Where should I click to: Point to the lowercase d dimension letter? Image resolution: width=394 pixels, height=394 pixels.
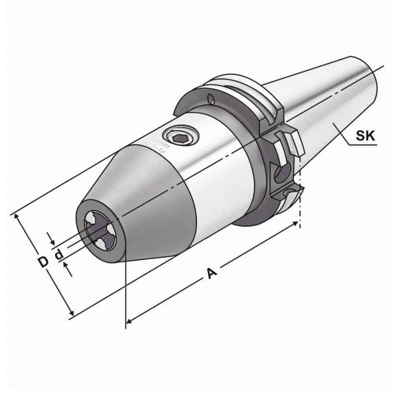click(58, 256)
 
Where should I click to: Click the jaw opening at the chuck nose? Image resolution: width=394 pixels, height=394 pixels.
click(100, 229)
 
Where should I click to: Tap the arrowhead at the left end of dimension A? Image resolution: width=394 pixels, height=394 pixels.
click(130, 319)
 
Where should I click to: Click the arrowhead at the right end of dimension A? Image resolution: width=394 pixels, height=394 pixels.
click(296, 225)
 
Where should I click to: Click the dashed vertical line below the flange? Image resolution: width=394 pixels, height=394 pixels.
click(301, 209)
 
